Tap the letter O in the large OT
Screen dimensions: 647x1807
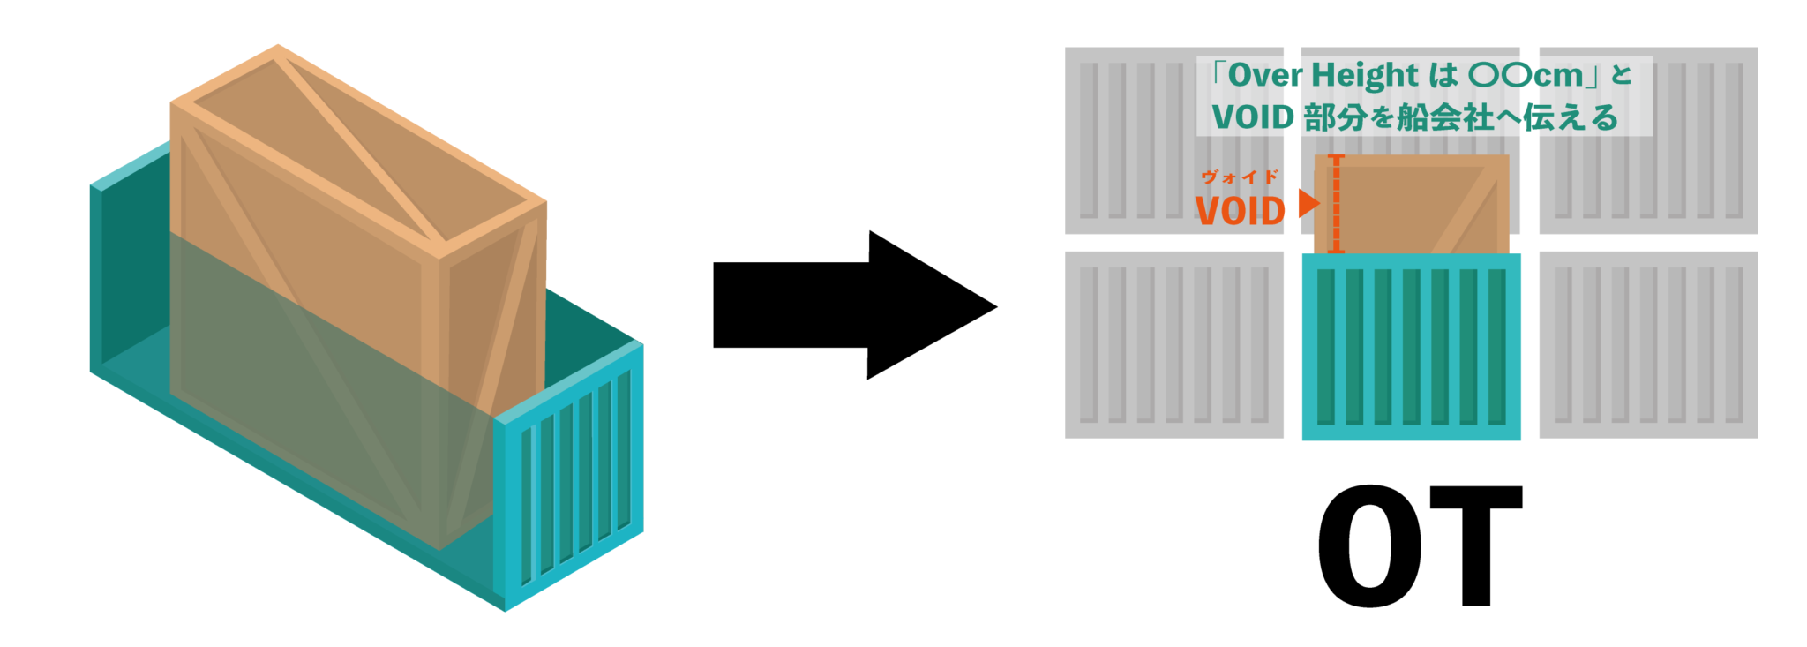[1370, 545]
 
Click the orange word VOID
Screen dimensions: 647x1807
[1240, 211]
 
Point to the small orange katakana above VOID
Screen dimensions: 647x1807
[1240, 177]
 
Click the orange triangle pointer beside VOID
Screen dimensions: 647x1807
[1308, 204]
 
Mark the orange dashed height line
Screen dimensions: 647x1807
[1336, 204]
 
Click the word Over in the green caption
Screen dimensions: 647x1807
[1265, 75]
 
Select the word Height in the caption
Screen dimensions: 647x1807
[1365, 76]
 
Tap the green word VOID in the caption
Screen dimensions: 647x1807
[1253, 117]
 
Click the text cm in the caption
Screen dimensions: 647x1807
[1558, 76]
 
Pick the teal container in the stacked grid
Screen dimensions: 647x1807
[1411, 347]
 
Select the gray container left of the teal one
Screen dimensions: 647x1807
[1173, 345]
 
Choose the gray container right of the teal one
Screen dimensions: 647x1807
[1648, 345]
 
